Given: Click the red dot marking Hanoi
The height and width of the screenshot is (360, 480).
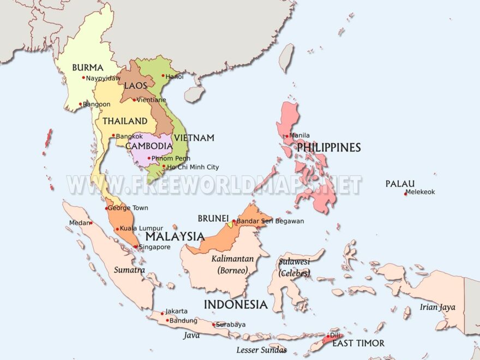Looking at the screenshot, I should (x=163, y=76).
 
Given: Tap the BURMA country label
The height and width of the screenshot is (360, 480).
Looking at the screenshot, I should (x=87, y=68).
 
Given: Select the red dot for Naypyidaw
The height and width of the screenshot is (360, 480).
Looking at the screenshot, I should (x=83, y=77).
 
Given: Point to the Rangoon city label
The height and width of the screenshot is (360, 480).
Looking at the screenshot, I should (x=97, y=104).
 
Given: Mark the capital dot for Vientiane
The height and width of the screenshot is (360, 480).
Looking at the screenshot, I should (x=134, y=100).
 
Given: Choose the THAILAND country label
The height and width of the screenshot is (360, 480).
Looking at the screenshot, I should (x=125, y=121).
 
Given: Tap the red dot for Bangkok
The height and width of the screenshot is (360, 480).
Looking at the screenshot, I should (x=113, y=136).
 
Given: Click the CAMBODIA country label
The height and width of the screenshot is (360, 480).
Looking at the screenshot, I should (x=149, y=146).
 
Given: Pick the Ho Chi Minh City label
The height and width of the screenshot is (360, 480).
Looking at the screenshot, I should (x=193, y=167).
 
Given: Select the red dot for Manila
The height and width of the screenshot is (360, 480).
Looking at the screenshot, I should (x=287, y=136).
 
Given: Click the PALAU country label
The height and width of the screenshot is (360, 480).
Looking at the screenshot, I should (x=400, y=184).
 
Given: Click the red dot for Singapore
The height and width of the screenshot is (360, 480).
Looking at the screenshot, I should (x=136, y=247).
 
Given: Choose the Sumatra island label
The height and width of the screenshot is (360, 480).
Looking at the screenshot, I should (x=129, y=269).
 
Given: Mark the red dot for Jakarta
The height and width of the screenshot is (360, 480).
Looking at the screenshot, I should (x=162, y=313).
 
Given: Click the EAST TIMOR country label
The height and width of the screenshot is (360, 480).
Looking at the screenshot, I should (x=358, y=343).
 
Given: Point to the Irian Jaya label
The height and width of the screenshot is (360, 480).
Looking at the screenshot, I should (x=437, y=307).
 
